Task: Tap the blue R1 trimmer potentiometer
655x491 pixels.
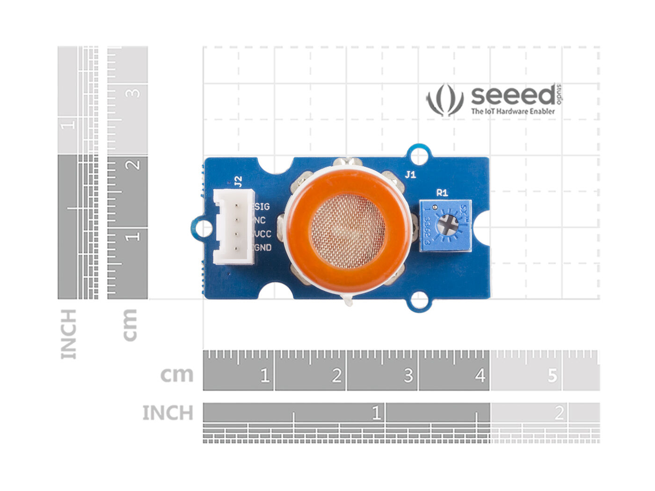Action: [445, 226]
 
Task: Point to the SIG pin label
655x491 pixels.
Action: [261, 206]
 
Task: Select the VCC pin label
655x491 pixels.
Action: [262, 234]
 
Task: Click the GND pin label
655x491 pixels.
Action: [262, 247]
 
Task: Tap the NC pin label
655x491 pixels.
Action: [260, 220]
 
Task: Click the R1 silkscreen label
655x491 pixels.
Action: [442, 192]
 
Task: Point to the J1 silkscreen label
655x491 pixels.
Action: [410, 175]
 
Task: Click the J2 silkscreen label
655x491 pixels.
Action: [238, 181]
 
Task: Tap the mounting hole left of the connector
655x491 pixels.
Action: [204, 228]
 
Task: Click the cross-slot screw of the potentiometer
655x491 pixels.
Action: [449, 226]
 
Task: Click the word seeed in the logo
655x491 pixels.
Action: [513, 95]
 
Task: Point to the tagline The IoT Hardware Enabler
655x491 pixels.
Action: [513, 111]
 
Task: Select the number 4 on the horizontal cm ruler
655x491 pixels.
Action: [480, 375]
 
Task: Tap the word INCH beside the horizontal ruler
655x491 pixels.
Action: [167, 413]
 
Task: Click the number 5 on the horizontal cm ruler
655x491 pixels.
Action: [553, 375]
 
